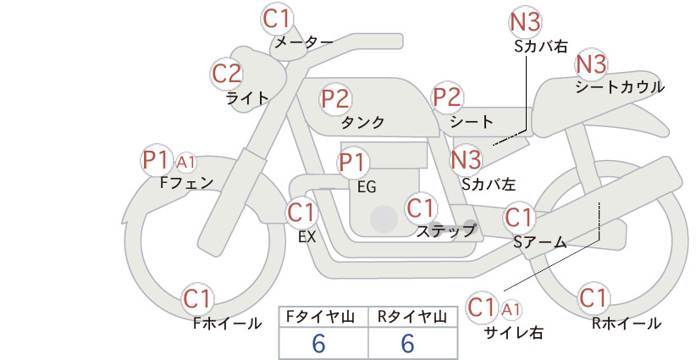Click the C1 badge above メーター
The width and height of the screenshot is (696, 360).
[x=276, y=19]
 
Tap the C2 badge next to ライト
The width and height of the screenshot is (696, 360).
[x=227, y=74]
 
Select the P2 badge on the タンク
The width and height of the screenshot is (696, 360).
[x=335, y=98]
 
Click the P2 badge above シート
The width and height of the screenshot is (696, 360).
[x=447, y=97]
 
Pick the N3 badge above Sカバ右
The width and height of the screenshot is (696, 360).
[x=525, y=22]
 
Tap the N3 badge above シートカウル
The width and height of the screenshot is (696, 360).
[x=591, y=64]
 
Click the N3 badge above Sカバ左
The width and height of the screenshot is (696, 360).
[x=466, y=159]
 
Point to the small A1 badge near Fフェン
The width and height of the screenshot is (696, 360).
[x=186, y=163]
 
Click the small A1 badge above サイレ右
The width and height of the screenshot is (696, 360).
[x=511, y=309]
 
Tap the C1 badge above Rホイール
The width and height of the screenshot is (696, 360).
[x=593, y=298]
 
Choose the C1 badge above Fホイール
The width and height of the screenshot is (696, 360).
[x=196, y=299]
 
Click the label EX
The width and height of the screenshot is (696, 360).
[x=307, y=237]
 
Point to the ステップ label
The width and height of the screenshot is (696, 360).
[x=445, y=231]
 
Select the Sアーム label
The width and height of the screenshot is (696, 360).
[x=540, y=242]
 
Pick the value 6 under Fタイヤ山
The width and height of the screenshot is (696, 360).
[x=319, y=344]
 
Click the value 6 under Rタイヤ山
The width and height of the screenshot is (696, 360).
[x=407, y=344]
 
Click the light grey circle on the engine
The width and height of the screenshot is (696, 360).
[x=384, y=219]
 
